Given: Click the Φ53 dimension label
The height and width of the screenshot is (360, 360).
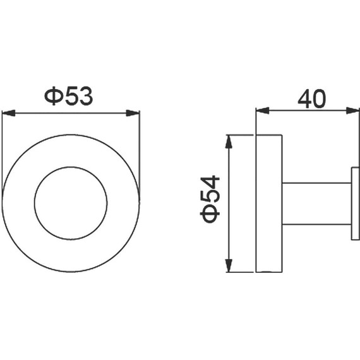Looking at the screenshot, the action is (x=69, y=96).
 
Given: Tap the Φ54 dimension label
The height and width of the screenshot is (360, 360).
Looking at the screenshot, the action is (x=210, y=200).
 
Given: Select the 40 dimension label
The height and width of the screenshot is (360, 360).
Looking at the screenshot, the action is (x=312, y=99).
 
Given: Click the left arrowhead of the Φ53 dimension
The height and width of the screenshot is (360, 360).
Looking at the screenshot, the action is (x=8, y=113).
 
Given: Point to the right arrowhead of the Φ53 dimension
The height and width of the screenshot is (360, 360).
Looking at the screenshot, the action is (x=133, y=113).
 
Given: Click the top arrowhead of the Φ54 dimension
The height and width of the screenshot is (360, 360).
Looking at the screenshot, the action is (x=229, y=141).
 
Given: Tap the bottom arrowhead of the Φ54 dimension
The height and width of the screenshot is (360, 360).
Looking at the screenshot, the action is (x=229, y=265).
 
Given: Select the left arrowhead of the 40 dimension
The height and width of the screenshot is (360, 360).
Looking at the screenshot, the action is (x=263, y=111).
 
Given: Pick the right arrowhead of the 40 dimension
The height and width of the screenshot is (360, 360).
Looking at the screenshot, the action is (x=353, y=111).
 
